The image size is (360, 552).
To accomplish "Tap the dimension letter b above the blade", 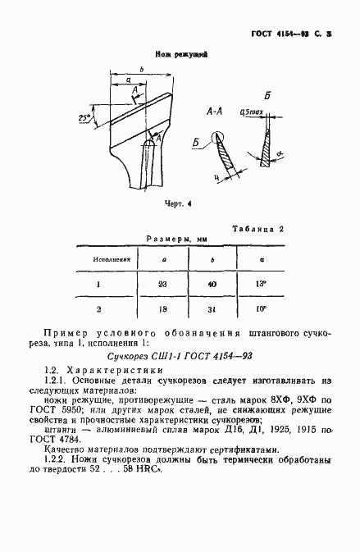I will point(141,71).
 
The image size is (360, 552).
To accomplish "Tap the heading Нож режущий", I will point(180,53).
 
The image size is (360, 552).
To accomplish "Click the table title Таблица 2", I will point(257,229).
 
